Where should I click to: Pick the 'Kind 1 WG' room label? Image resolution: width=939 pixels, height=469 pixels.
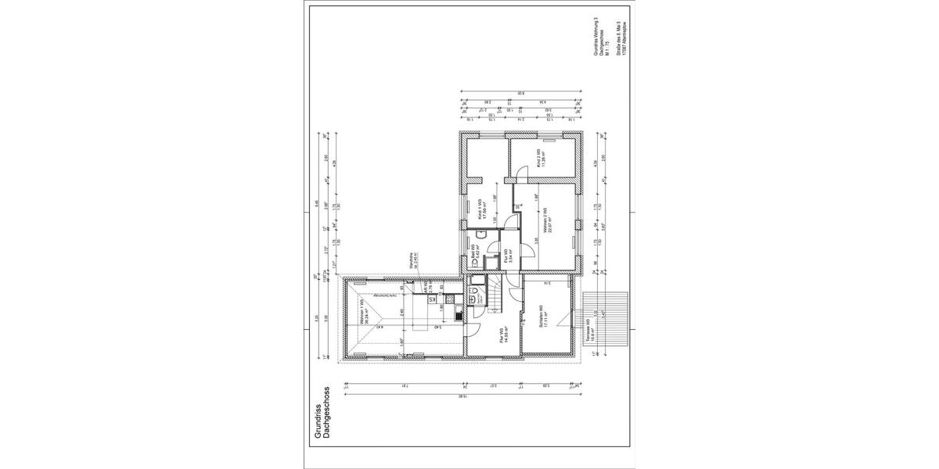pos(475,211)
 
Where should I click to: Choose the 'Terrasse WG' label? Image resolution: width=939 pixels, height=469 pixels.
pos(592,331)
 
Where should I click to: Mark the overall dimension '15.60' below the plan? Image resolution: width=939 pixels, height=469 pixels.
pos(466,398)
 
